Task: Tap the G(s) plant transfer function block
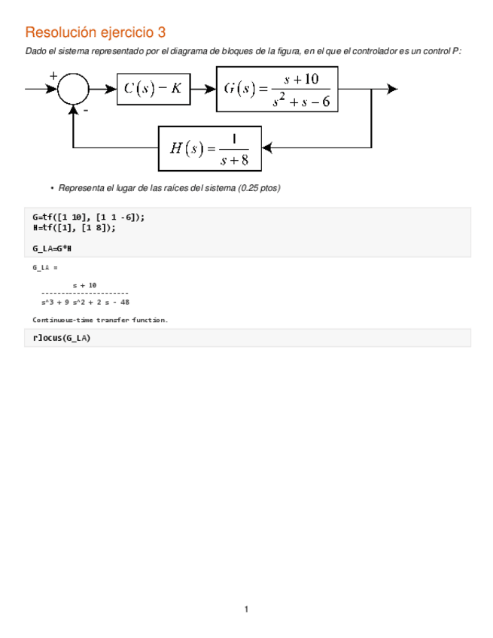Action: click(x=277, y=88)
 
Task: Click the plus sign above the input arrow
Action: click(x=53, y=75)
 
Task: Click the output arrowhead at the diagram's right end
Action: click(x=391, y=88)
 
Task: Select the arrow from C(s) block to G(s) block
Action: click(x=202, y=88)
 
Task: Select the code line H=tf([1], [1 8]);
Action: click(x=74, y=228)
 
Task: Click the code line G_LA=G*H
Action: click(x=52, y=248)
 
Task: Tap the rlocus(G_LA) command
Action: click(x=61, y=338)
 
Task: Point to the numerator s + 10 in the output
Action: click(x=84, y=285)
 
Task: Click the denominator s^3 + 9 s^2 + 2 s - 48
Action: click(x=85, y=302)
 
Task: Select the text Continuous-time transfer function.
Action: click(x=100, y=320)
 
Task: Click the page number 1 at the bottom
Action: click(x=246, y=609)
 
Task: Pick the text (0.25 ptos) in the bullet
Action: click(x=258, y=188)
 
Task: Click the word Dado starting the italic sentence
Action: click(x=35, y=50)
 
